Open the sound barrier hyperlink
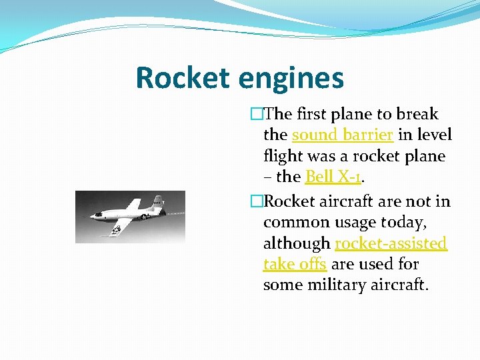coord(344,135)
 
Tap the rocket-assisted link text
coord(391,243)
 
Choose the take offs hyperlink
coord(295,264)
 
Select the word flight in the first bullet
coord(282,156)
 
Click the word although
coord(297,243)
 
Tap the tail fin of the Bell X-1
coord(157,200)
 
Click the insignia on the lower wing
coord(117,230)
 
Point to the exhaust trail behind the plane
coord(175,212)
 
